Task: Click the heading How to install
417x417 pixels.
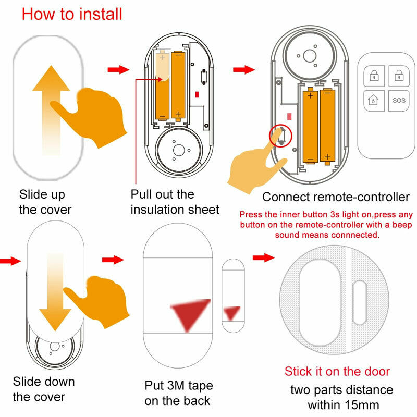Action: [x=72, y=14]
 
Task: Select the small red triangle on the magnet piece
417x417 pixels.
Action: [x=231, y=313]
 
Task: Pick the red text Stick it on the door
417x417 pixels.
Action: [x=337, y=371]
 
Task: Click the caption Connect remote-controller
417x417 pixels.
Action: [x=336, y=197]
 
